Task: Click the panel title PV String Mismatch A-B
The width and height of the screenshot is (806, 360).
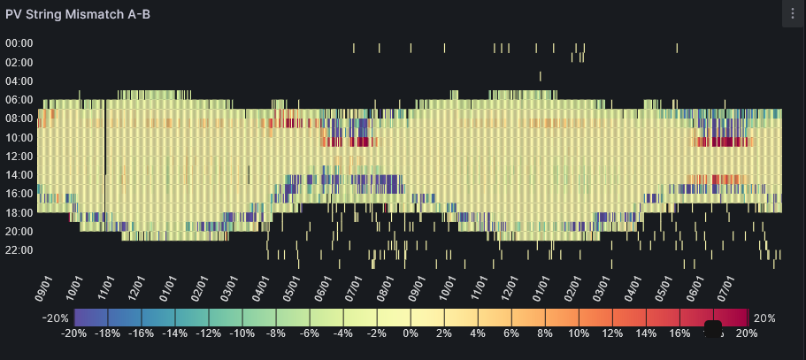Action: point(78,14)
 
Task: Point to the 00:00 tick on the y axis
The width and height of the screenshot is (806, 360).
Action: point(19,42)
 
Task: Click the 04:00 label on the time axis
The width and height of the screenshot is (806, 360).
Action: point(19,80)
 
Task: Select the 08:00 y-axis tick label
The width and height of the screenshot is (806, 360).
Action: point(19,119)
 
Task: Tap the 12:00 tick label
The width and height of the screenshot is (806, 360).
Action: point(19,157)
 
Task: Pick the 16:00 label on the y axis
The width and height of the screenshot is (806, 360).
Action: point(19,194)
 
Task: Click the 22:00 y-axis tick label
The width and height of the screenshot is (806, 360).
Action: point(19,250)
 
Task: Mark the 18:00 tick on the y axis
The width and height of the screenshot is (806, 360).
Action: point(19,213)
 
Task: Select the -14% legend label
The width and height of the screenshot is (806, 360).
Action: point(175,333)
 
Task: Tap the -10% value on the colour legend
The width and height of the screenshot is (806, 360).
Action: point(242,333)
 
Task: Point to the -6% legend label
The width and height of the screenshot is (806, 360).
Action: point(310,333)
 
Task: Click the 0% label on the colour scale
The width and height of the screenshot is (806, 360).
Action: point(411,333)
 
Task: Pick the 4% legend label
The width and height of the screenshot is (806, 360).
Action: point(479,333)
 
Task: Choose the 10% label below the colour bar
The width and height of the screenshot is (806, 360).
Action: point(579,333)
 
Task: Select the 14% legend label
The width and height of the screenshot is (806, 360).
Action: point(647,333)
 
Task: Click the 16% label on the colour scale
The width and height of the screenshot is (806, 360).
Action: point(680,333)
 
